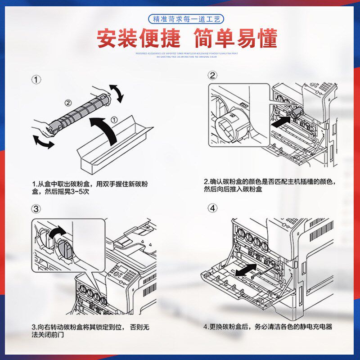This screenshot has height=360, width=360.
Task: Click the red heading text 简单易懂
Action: pyautogui.click(x=235, y=39)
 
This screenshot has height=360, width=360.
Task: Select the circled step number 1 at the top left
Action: pyautogui.click(x=36, y=80)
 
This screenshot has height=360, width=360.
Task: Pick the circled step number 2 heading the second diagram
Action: pyautogui.click(x=212, y=76)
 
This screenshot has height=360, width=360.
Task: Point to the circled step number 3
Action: pyautogui.click(x=36, y=209)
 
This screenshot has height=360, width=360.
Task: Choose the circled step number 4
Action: pyautogui.click(x=212, y=208)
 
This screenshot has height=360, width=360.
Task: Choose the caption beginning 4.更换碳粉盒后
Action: pyautogui.click(x=267, y=327)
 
